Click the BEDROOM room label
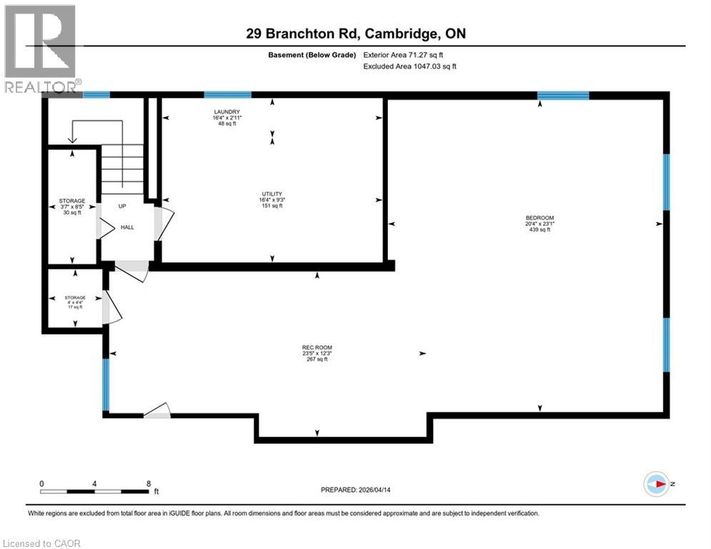540,218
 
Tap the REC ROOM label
314,348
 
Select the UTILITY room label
272,194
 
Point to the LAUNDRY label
226,112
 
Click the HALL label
127,227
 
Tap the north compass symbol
656,484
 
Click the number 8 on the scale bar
148,483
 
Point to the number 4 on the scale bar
94,483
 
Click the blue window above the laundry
227,94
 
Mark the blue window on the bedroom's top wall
563,95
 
